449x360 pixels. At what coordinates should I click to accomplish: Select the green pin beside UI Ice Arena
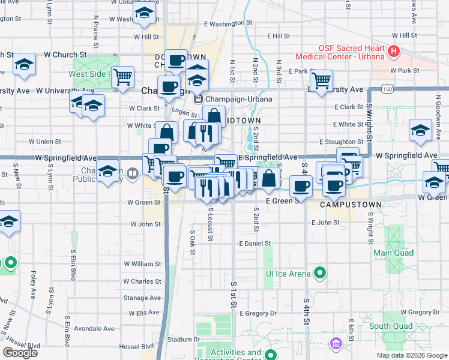click(320, 274)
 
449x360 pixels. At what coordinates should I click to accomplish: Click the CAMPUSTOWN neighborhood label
click(351, 205)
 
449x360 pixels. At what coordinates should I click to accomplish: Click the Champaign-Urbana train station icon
click(198, 99)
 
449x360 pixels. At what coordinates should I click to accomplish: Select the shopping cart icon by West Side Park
click(123, 76)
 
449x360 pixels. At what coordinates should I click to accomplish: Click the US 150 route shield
click(388, 89)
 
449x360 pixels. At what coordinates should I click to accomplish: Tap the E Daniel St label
click(255, 244)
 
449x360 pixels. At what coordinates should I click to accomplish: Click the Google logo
click(20, 353)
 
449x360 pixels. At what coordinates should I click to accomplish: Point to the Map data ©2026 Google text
click(412, 355)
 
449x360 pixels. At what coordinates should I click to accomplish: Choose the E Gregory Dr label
click(258, 313)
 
